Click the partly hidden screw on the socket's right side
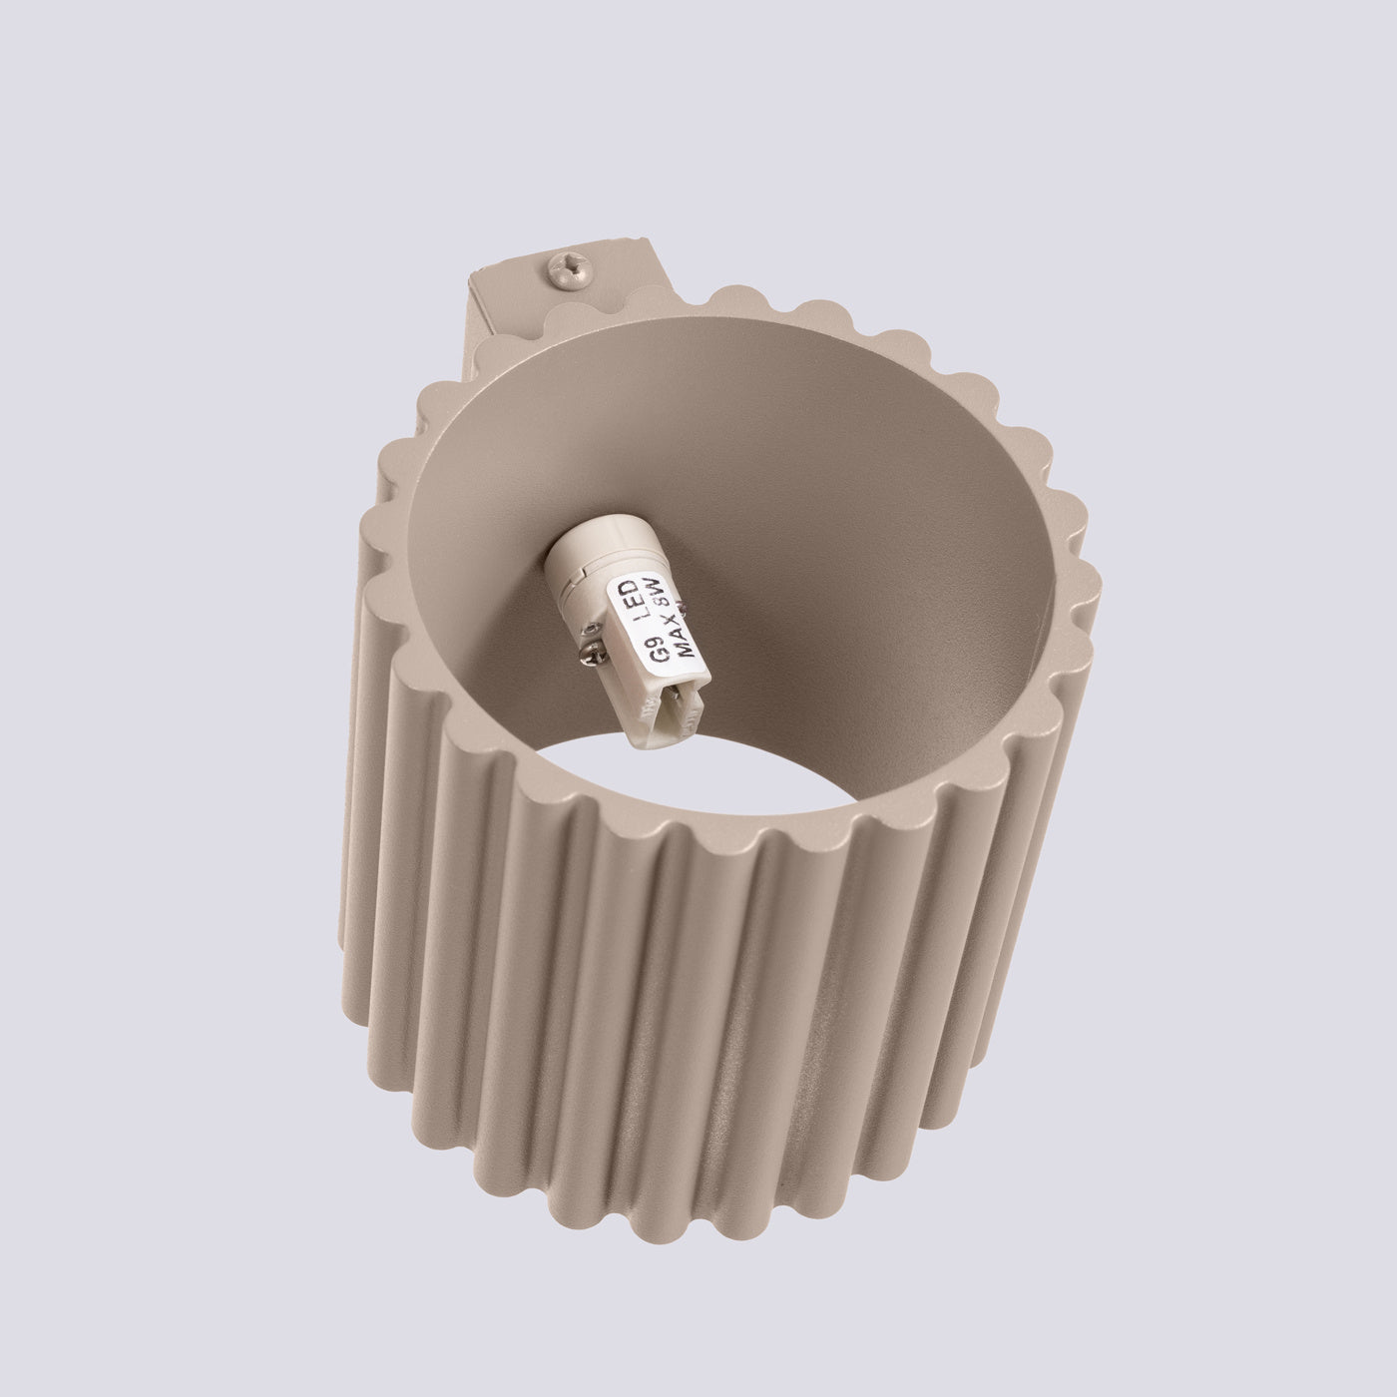tap(684, 606)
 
